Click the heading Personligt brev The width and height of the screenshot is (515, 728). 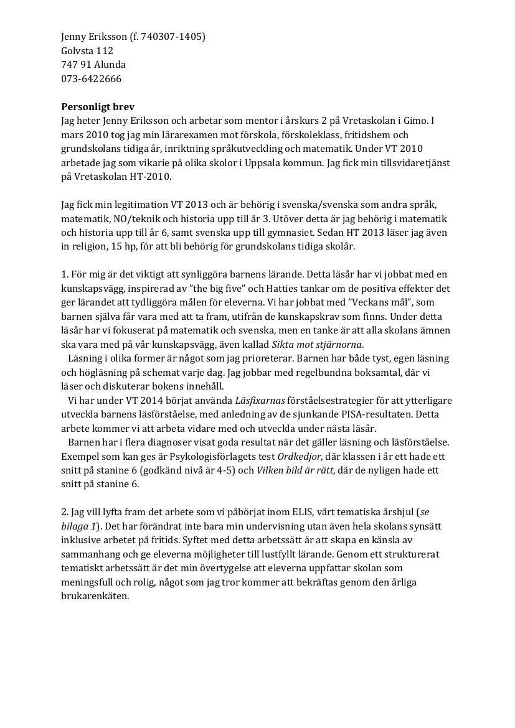pyautogui.click(x=98, y=107)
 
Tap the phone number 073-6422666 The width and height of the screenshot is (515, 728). pyautogui.click(x=92, y=79)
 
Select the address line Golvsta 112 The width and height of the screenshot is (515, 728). pyautogui.click(x=87, y=51)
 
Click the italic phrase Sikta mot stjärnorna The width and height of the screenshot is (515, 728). pyautogui.click(x=317, y=345)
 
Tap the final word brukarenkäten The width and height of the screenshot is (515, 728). pyautogui.click(x=95, y=596)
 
